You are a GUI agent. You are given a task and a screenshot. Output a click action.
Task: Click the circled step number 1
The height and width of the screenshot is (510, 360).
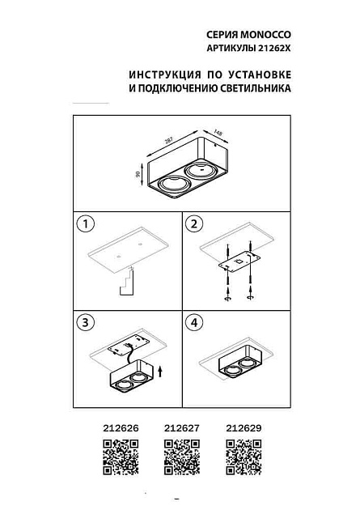point(83,223)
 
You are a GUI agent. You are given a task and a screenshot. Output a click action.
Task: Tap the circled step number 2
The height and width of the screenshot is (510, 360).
point(194,223)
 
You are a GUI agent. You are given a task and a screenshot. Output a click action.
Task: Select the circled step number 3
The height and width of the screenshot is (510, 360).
point(83,322)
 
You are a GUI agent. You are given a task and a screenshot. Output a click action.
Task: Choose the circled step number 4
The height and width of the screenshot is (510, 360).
point(194,322)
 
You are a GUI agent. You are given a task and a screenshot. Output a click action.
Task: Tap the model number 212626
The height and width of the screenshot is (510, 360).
point(120,431)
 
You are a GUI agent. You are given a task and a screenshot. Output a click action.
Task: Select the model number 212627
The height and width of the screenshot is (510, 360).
point(180,431)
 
